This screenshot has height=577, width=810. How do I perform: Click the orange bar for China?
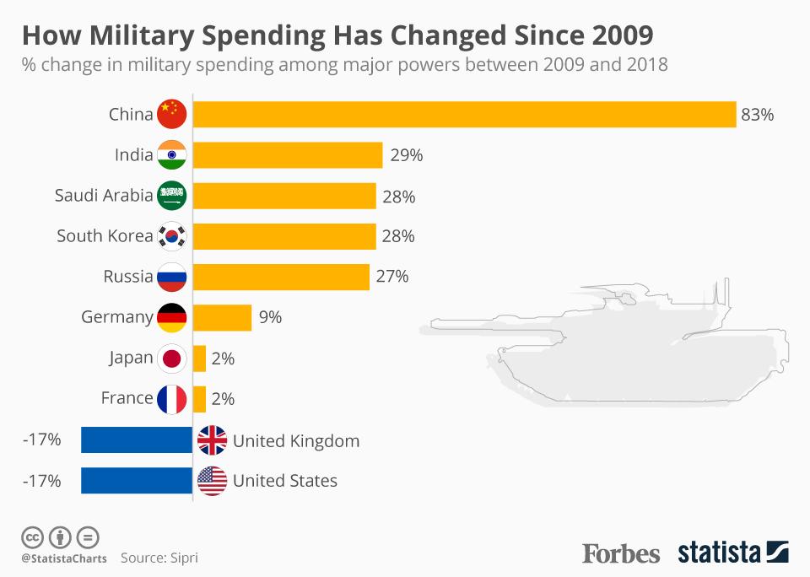(x=464, y=114)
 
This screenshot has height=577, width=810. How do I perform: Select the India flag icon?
(x=171, y=155)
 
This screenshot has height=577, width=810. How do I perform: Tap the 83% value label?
(x=757, y=115)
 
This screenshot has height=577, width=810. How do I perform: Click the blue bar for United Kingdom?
(x=137, y=440)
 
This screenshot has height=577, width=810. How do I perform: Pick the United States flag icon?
(x=212, y=481)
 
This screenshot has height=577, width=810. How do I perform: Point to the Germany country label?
(x=117, y=317)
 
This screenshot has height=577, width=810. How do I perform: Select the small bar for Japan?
(x=199, y=359)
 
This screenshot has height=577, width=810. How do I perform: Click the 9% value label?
(x=271, y=318)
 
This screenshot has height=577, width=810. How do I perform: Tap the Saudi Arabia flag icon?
(x=171, y=196)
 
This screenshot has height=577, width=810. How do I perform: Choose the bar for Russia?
(x=281, y=277)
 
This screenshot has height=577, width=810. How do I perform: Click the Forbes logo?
(x=621, y=553)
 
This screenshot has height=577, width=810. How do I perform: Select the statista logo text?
(x=718, y=553)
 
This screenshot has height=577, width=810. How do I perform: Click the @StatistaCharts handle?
(x=64, y=558)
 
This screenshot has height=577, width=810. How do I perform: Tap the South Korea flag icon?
(x=171, y=236)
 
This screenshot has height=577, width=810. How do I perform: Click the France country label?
(x=127, y=398)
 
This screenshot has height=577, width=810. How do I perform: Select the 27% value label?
(x=392, y=277)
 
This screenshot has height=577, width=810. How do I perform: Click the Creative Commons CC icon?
(x=32, y=537)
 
